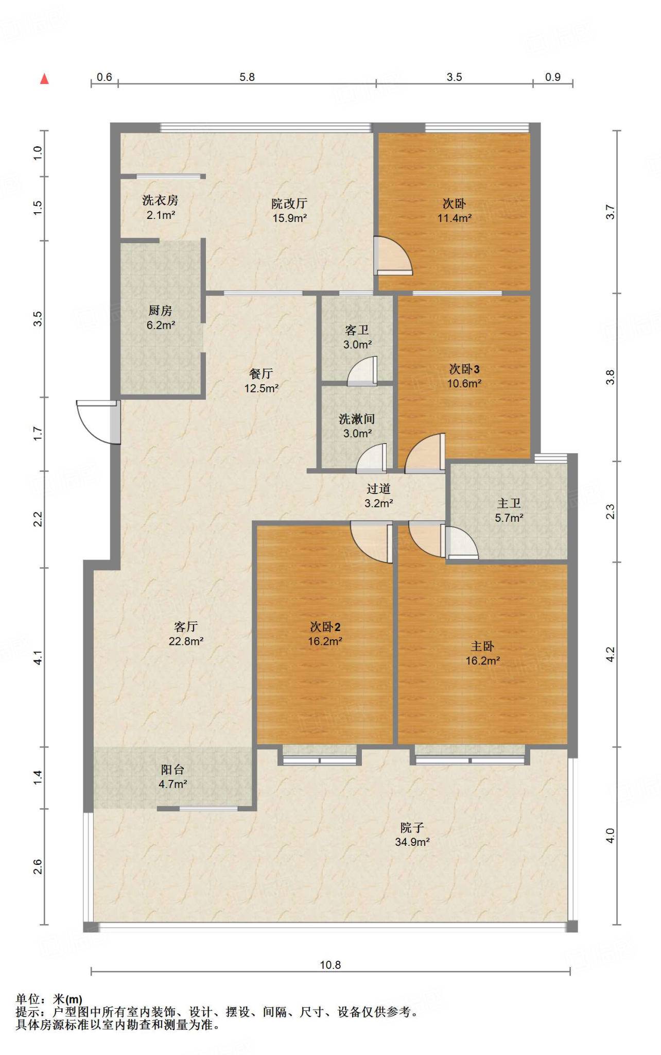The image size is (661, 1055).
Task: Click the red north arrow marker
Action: [45, 78]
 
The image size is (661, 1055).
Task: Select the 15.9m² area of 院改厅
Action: [290, 218]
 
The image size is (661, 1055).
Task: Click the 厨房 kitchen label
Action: [161, 311]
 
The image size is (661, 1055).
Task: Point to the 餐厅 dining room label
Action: [261, 373]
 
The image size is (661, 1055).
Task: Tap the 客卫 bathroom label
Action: [357, 330]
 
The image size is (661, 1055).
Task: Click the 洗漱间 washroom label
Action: [357, 419]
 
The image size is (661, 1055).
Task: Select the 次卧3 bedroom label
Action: [464, 369]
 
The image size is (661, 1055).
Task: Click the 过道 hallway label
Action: [379, 488]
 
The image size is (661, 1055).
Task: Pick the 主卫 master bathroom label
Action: [509, 503]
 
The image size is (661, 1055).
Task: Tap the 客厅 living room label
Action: [186, 626]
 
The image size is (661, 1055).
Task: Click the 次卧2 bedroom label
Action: [325, 626]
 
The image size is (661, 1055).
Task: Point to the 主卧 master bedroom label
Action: [483, 646]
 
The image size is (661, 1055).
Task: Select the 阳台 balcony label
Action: [172, 770]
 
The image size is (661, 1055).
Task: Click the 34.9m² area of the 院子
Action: [412, 842]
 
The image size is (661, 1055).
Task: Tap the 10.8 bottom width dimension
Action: [330, 965]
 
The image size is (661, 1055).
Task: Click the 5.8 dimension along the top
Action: [247, 77]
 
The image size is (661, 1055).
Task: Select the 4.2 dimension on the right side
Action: [610, 655]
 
